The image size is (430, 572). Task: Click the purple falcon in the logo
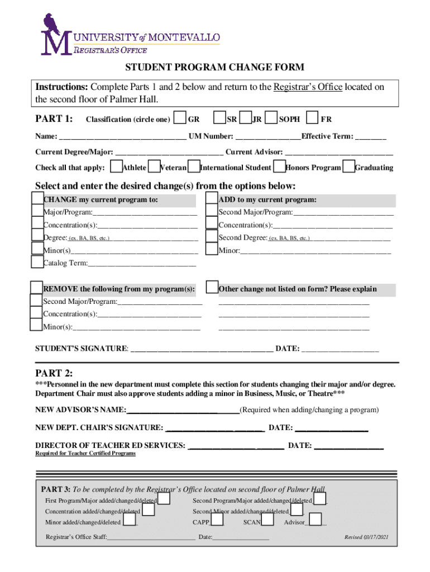[x=52, y=25]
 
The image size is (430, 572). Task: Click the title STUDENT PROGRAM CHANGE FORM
[x=214, y=68]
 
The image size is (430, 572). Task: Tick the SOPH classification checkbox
[x=271, y=118]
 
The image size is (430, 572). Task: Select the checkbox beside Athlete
[x=116, y=167]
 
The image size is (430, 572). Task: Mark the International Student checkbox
[x=194, y=167]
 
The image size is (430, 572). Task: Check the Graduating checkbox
[x=348, y=167]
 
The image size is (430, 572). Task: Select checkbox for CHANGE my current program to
[x=37, y=199]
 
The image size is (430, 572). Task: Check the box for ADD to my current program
[x=212, y=199]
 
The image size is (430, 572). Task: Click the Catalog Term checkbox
[x=37, y=262]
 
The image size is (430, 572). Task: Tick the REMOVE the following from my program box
[x=37, y=288]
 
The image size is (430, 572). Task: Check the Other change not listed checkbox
[x=212, y=288]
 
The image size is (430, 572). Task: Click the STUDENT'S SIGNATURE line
[x=201, y=349]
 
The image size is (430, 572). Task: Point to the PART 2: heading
[x=54, y=373]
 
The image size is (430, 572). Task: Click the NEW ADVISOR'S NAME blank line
[x=183, y=411]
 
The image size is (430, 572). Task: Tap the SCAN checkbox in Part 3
[x=267, y=521]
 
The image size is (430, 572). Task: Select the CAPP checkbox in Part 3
[x=217, y=521]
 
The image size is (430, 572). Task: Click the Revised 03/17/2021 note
[x=366, y=537]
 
